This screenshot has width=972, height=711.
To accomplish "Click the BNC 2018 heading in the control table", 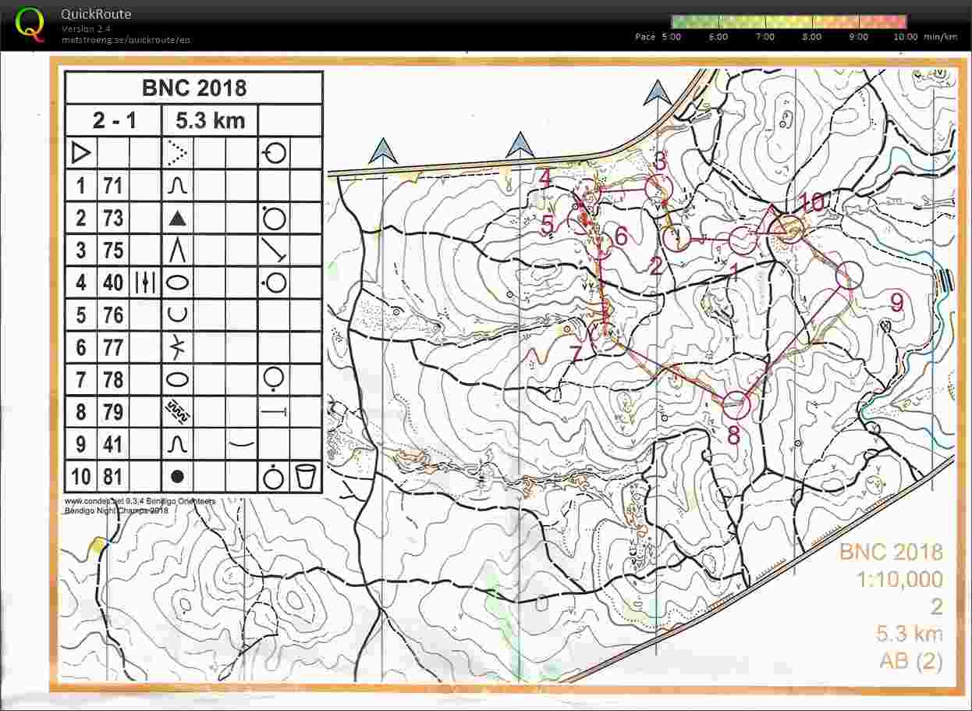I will (193, 87).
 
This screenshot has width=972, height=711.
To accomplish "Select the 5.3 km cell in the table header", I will (210, 121).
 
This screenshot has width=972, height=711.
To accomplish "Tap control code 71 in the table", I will (113, 186).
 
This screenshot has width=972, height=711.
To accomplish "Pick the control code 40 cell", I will (113, 282).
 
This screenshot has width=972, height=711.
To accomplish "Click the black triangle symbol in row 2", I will (178, 218).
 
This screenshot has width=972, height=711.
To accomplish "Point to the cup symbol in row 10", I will (306, 475).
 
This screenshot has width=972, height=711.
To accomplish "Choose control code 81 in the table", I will (113, 475).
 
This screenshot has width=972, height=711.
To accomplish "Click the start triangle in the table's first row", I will (80, 153).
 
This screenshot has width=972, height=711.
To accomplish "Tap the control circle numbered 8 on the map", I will (736, 402).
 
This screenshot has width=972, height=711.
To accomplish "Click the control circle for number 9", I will (850, 276).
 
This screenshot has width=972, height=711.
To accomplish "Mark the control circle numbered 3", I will (658, 187).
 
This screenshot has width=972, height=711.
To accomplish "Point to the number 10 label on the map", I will (811, 202).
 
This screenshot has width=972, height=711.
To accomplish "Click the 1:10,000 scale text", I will (899, 580).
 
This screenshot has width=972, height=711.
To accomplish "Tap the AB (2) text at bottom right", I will (910, 661).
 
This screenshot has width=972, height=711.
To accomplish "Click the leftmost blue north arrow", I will (383, 151).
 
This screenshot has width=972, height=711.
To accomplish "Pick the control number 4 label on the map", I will (545, 179).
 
